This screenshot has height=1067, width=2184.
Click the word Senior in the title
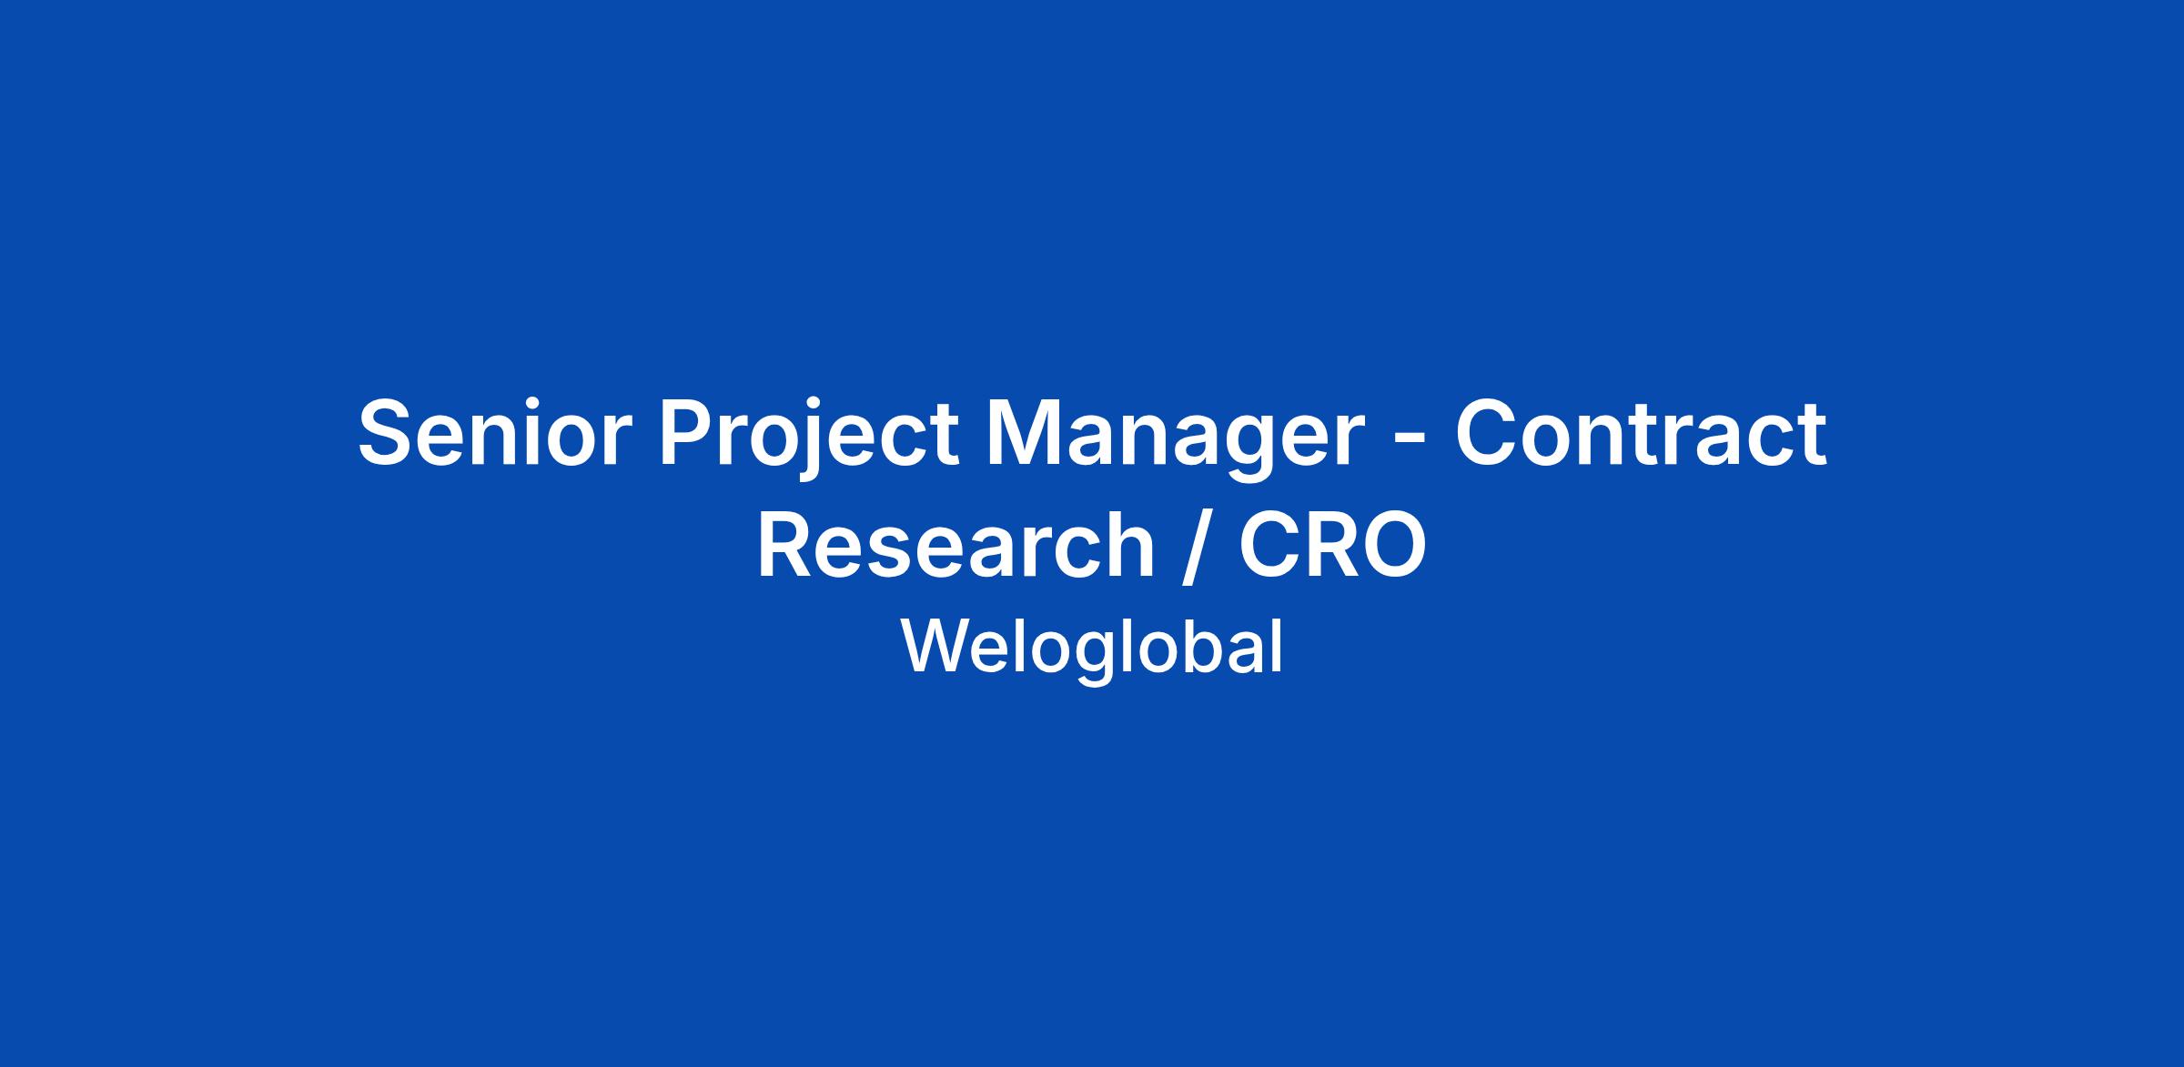coord(495,433)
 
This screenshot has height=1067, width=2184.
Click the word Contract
coord(1640,433)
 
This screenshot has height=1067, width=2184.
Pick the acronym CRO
coord(1332,545)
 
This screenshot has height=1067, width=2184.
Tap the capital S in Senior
coord(386,434)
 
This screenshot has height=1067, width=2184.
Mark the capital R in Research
coord(788,545)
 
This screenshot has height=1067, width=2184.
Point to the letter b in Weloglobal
coord(1199,646)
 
